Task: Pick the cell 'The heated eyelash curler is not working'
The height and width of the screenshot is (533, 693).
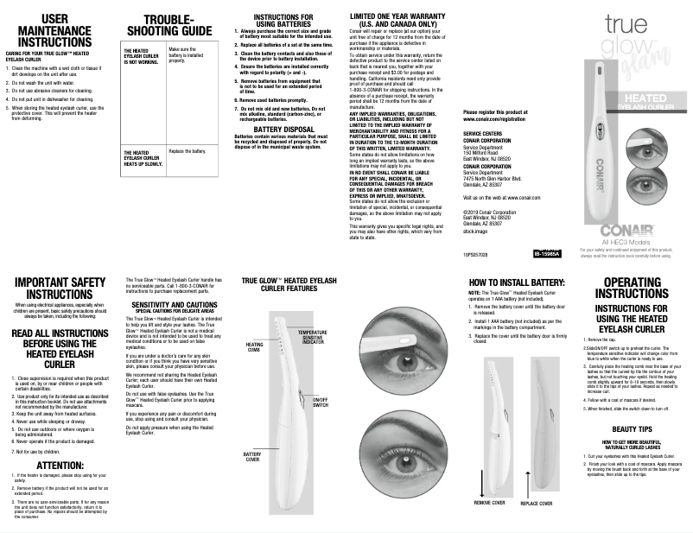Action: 138,57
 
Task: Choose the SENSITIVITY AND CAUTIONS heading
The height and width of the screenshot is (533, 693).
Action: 174,305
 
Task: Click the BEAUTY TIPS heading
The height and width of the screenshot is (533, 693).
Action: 631,428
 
